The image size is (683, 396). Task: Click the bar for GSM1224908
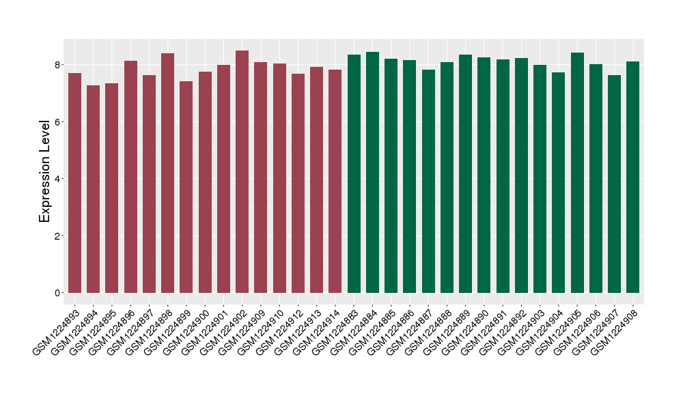pyautogui.click(x=633, y=178)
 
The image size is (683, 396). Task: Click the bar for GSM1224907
pyautogui.click(x=615, y=184)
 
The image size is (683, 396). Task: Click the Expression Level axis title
pyautogui.click(x=45, y=171)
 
